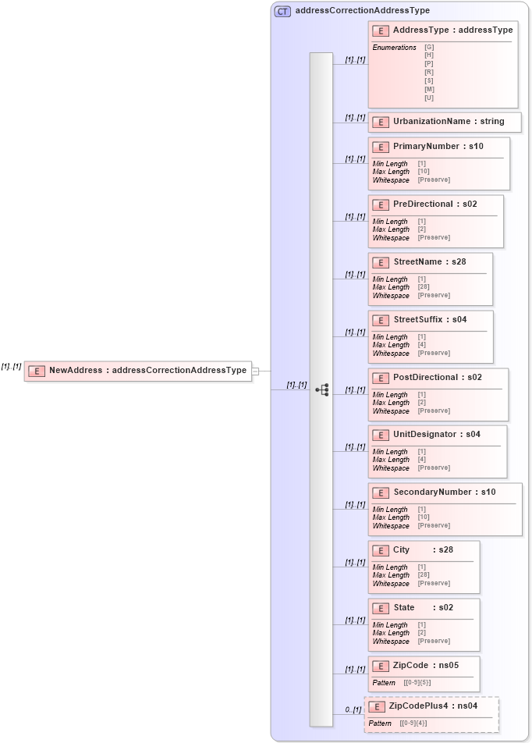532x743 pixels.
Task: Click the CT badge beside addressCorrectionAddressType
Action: tap(282, 11)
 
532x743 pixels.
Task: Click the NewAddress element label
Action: tap(147, 371)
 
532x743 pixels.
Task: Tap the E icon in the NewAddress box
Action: tap(37, 371)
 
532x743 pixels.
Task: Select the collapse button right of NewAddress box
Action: tap(255, 371)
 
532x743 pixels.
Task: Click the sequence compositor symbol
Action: tap(321, 389)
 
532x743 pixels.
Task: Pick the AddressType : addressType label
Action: tap(452, 30)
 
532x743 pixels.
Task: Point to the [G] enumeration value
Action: tap(429, 47)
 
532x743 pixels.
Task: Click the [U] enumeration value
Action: tap(429, 98)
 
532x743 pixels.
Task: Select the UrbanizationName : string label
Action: tap(449, 122)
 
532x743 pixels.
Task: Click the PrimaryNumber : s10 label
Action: tap(438, 147)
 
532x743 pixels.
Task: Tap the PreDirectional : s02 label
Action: tap(434, 204)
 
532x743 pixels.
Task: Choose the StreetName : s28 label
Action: tap(429, 262)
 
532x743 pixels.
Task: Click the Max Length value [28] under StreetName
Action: tap(424, 287)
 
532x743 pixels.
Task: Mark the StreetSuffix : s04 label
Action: tap(430, 320)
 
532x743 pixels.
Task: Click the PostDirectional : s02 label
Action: tap(437, 378)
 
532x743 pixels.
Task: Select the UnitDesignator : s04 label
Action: tap(436, 435)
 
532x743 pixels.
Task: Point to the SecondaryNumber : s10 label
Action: tap(444, 492)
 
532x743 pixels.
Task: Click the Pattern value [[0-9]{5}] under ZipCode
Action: tap(417, 683)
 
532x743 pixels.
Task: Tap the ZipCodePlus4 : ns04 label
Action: tap(433, 706)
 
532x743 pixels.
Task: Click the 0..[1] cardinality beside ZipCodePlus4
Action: tap(353, 710)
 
